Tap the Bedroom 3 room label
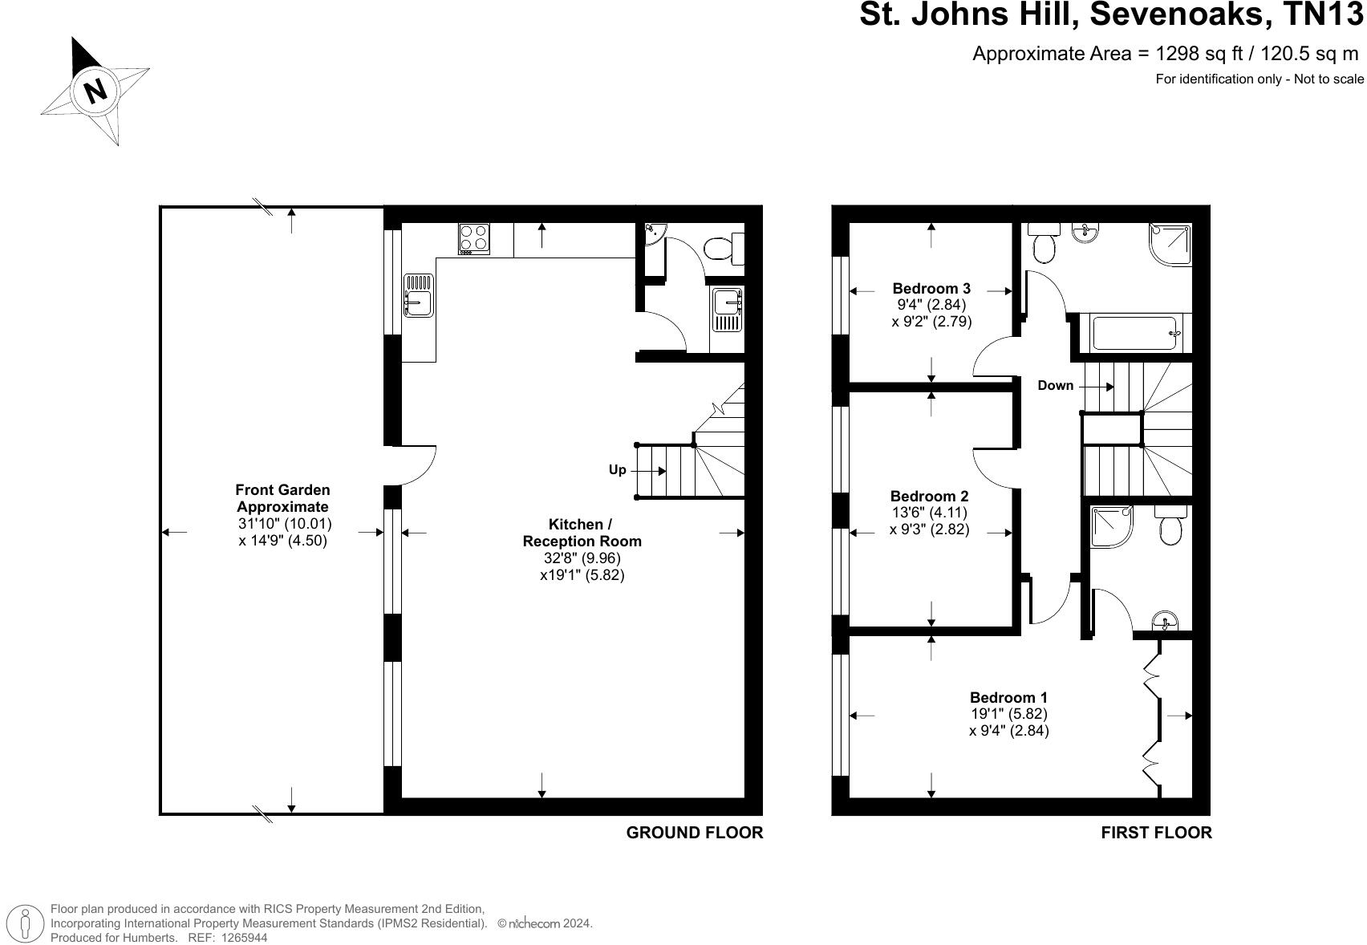click(x=931, y=288)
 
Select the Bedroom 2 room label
click(x=929, y=496)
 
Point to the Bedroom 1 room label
click(x=1008, y=697)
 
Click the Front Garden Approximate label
click(x=282, y=498)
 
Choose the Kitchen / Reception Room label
click(x=582, y=533)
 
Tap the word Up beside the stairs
click(x=617, y=469)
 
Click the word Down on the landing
click(x=1055, y=385)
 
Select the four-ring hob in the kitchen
click(x=474, y=238)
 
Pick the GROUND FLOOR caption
click(x=694, y=833)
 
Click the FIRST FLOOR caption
click(x=1156, y=833)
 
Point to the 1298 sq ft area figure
click(x=1199, y=54)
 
